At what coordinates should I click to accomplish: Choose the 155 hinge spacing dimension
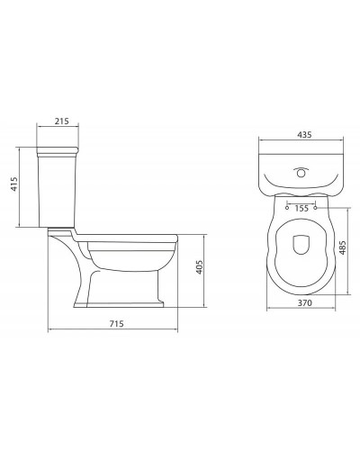coord(301,208)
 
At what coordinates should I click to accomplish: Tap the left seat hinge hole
coord(287,207)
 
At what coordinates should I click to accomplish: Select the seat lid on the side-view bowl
coord(130,238)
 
